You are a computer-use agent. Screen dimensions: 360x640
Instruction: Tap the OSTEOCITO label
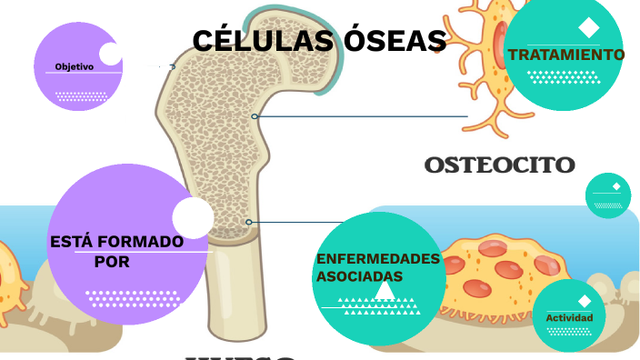[x=499, y=165]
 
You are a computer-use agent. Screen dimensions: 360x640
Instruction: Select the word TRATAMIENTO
[x=566, y=55]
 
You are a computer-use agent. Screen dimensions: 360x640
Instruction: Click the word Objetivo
[x=74, y=67]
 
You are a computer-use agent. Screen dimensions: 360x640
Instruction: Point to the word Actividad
[x=569, y=318]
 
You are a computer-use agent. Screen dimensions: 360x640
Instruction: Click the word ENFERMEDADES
[x=378, y=259]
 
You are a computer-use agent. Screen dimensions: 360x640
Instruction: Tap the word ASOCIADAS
[x=359, y=275]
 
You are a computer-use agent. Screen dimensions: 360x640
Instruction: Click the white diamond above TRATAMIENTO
[x=588, y=26]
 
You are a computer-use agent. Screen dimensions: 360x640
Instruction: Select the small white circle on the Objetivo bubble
[x=110, y=54]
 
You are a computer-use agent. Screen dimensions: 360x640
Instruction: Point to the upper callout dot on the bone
[x=255, y=116]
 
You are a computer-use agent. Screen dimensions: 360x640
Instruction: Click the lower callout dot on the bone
[x=248, y=222]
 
